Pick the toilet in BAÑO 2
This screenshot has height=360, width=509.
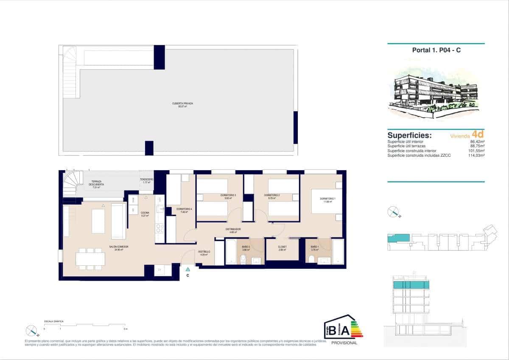pyautogui.click(x=243, y=259)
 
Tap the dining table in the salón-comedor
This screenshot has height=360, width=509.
pyautogui.click(x=91, y=259)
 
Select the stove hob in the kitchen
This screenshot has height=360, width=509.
pyautogui.click(x=160, y=229)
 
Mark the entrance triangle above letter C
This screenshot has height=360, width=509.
pyautogui.click(x=187, y=269)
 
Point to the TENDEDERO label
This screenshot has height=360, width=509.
pyautogui.click(x=146, y=180)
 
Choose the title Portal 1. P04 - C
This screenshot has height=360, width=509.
pyautogui.click(x=436, y=50)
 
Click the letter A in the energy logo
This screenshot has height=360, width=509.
pyautogui.click(x=345, y=329)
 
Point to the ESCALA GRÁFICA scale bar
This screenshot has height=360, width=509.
pyautogui.click(x=85, y=325)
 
